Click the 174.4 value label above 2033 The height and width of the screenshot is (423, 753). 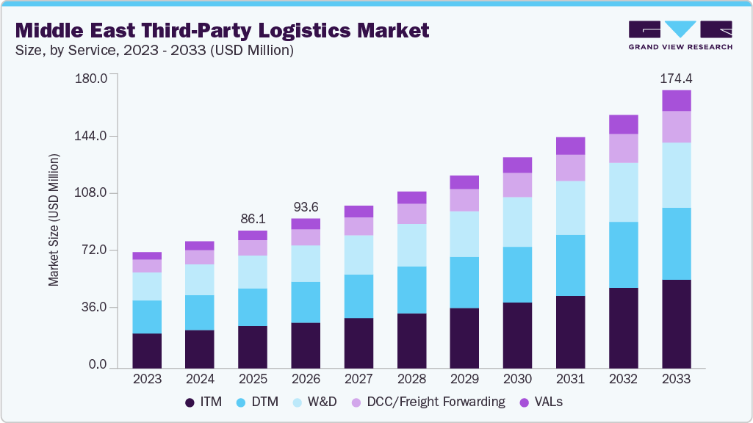[676, 77]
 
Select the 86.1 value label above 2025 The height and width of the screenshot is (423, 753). [253, 218]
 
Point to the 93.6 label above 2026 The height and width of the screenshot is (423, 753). [306, 206]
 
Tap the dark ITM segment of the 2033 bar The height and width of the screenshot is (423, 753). [676, 323]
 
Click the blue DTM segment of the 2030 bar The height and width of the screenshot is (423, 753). [517, 275]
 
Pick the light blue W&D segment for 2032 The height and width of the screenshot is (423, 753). [623, 192]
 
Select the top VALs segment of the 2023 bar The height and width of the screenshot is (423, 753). [147, 256]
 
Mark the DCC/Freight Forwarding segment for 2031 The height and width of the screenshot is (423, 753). [570, 167]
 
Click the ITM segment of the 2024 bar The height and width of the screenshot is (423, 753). [200, 349]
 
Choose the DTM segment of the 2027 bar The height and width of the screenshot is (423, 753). [359, 296]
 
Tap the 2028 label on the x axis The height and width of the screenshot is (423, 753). [411, 379]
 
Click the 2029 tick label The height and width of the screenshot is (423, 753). [464, 379]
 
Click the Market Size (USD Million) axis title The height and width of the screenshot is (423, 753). [54, 220]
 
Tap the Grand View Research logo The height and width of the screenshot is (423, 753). [680, 35]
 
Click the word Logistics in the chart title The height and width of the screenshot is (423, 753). [284, 30]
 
